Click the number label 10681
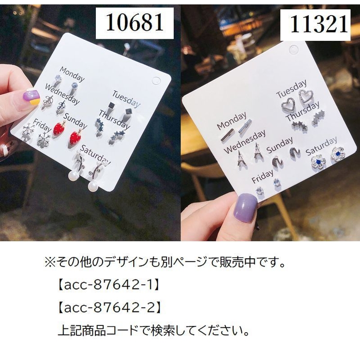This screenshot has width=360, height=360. (134, 22)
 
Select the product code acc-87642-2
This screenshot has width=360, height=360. (109, 307)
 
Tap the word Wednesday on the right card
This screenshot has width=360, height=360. (245, 141)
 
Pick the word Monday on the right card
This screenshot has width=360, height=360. (231, 122)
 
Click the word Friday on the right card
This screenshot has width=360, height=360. (262, 178)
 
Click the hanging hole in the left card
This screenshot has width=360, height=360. (157, 81)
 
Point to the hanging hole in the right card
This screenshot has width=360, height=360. (293, 50)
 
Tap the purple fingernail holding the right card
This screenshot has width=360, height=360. (246, 208)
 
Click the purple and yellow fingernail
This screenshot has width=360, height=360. (30, 97)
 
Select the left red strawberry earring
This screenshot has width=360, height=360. (59, 129)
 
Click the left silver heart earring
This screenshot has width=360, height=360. (288, 105)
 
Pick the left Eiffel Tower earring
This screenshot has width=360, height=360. (240, 158)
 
